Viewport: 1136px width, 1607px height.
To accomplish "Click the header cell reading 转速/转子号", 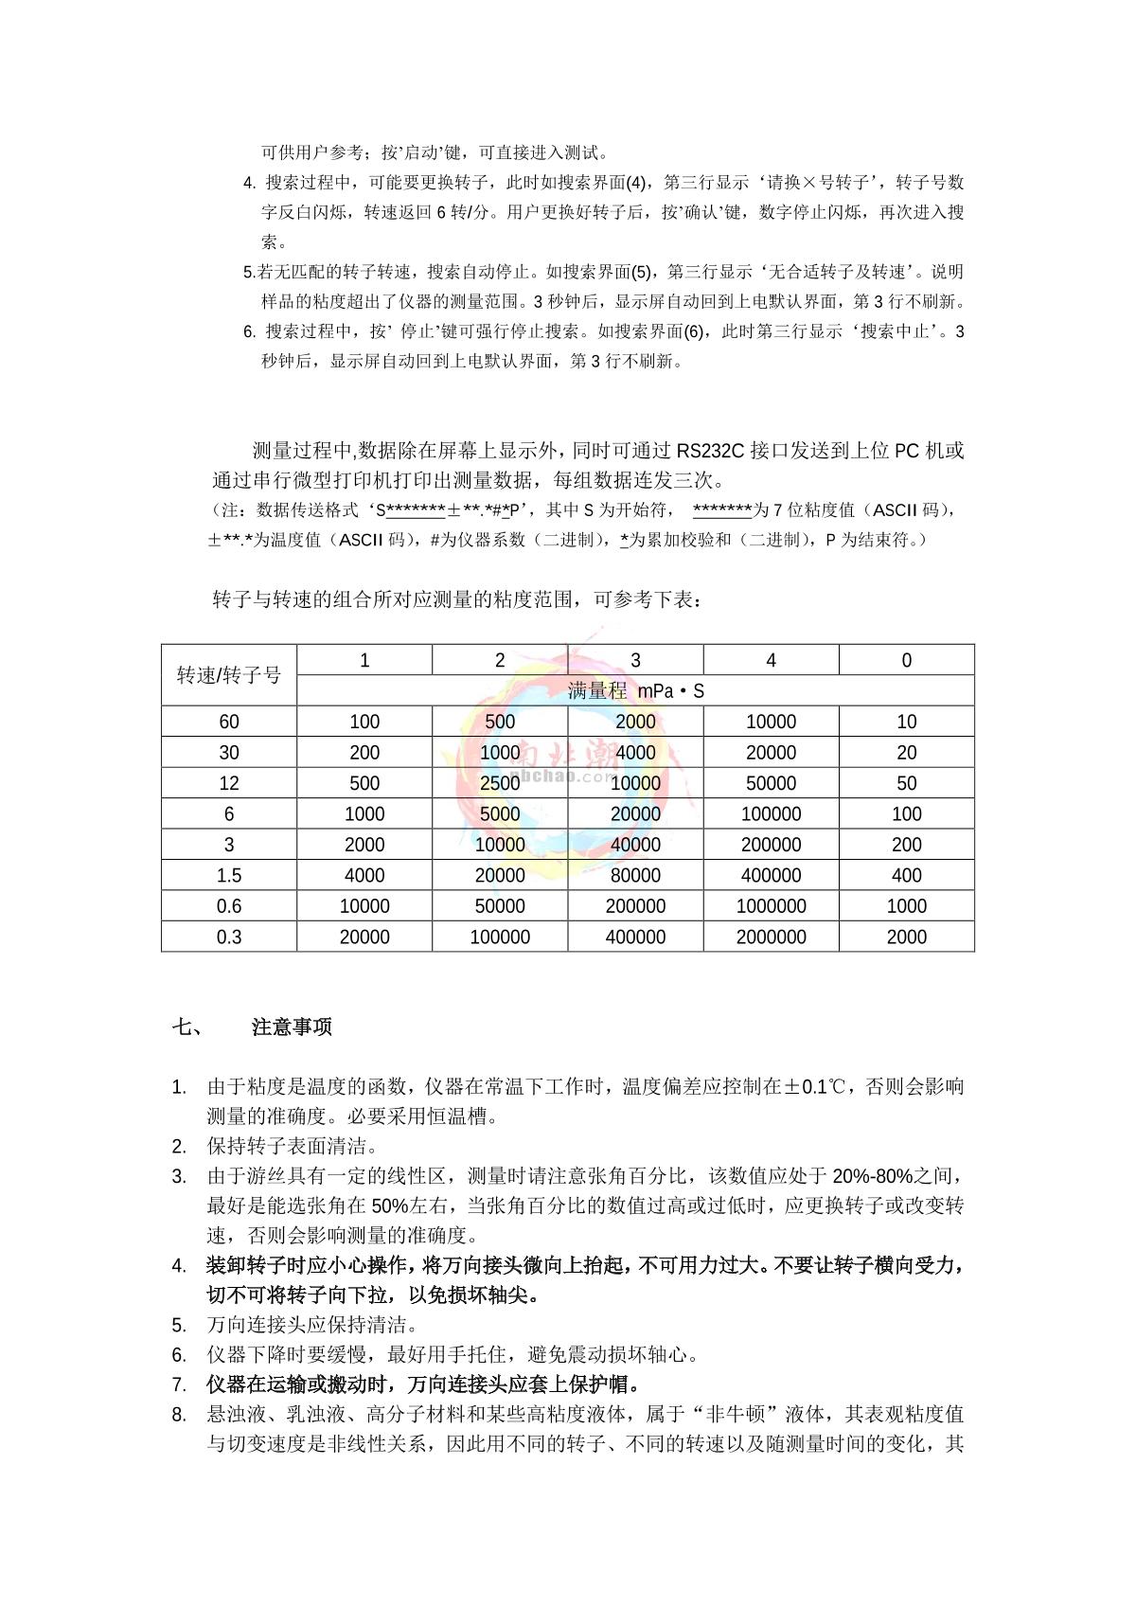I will coord(229,675).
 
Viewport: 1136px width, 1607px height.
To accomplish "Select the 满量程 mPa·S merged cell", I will coord(635,691).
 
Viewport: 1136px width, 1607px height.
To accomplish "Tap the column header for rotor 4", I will coord(771,660).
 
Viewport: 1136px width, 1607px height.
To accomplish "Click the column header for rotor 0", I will coord(906,660).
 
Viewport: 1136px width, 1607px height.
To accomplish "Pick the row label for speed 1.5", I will coord(229,875).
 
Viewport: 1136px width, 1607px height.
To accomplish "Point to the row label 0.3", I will coord(229,937).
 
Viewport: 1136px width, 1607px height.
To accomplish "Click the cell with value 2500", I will coord(500,783).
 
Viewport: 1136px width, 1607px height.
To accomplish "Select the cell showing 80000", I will coord(635,875).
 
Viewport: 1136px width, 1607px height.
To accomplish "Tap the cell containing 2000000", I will coord(771,937).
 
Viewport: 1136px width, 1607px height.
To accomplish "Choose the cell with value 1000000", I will coord(771,906).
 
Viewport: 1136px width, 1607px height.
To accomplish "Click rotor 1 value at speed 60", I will coord(364,722).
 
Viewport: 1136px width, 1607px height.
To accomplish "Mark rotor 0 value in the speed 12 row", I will coord(906,783).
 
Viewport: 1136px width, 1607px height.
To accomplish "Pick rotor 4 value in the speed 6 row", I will coord(771,814).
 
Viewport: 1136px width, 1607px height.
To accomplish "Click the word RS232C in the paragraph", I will coord(710,451).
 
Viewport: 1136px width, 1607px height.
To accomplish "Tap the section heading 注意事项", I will coord(292,1027).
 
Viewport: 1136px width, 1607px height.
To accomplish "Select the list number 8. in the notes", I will coord(179,1415).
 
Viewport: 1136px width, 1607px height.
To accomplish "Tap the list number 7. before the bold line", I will coord(179,1384).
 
